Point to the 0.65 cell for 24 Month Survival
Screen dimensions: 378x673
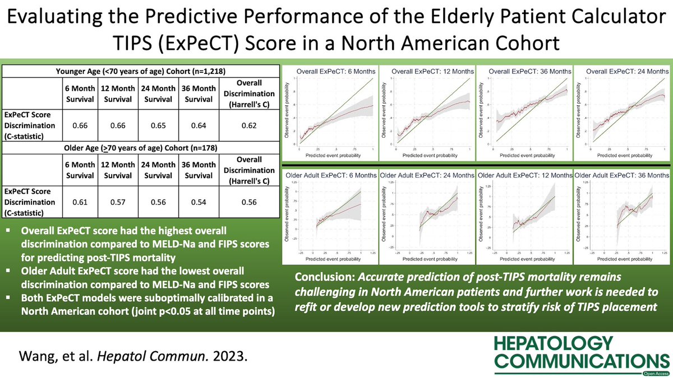point(159,127)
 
